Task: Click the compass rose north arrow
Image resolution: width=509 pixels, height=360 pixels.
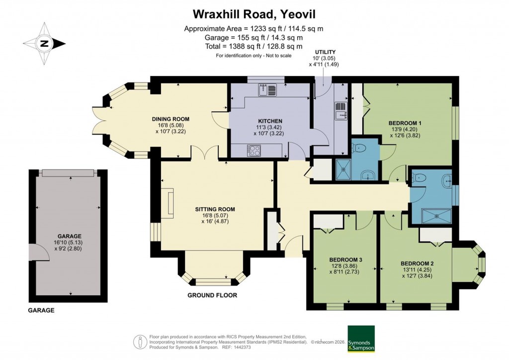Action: click(x=44, y=44)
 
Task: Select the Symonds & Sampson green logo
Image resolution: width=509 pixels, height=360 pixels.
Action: click(x=361, y=339)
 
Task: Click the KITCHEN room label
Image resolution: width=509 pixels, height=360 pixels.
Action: click(x=270, y=121)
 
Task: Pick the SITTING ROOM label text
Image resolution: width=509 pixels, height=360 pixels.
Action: click(x=215, y=209)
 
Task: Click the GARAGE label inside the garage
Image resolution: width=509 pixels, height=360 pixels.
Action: click(x=69, y=236)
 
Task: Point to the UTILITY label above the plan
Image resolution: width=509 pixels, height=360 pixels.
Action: click(x=325, y=52)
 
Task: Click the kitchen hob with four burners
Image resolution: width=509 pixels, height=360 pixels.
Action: click(x=253, y=149)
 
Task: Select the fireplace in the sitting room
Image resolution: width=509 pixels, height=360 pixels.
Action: click(x=170, y=203)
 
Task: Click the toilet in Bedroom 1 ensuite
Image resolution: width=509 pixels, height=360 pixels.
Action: click(x=359, y=147)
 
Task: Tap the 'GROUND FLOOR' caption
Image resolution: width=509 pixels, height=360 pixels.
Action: click(x=212, y=295)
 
